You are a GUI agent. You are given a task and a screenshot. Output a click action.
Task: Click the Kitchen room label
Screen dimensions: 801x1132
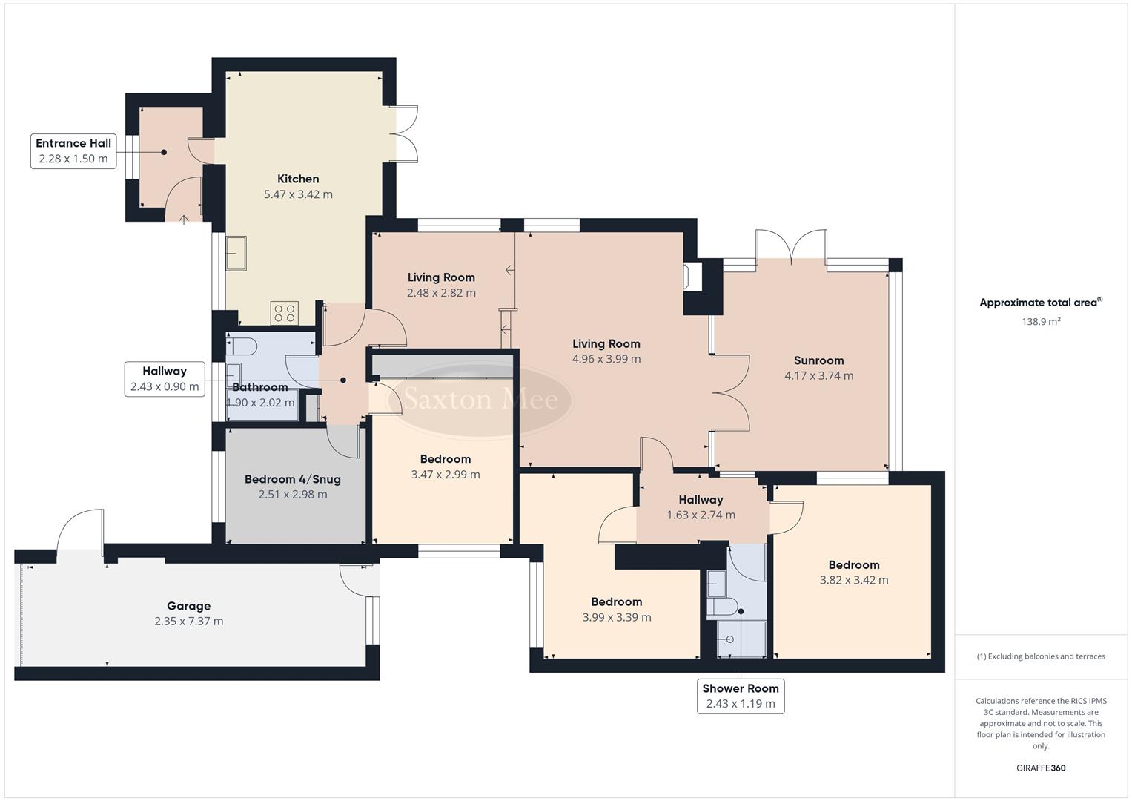[x=298, y=179]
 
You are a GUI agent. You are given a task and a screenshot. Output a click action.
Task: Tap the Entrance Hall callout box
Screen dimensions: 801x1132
[x=73, y=151]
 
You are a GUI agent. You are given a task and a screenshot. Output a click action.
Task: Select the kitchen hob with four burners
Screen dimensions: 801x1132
[x=285, y=313]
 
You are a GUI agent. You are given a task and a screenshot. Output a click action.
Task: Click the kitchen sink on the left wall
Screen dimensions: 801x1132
[x=236, y=254]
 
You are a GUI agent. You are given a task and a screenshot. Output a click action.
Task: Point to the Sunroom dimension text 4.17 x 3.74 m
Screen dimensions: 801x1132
[x=818, y=376]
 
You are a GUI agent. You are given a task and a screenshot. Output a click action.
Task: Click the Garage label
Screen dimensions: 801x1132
[x=188, y=606]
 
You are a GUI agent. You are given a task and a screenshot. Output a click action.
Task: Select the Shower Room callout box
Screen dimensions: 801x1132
[x=741, y=696]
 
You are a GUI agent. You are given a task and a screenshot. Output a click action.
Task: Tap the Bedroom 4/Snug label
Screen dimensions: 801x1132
[x=292, y=479]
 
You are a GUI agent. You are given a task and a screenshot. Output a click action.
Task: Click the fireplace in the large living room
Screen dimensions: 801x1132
[x=694, y=277]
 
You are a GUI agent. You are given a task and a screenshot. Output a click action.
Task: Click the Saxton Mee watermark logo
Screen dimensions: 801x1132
[x=480, y=400]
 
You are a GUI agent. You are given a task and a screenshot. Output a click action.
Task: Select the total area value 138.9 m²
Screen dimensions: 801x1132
[x=1041, y=322]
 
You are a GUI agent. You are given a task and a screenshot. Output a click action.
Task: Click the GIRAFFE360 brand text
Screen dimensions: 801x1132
[x=1041, y=768]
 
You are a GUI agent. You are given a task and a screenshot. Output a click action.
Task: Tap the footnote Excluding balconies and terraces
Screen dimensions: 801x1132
[x=1041, y=656]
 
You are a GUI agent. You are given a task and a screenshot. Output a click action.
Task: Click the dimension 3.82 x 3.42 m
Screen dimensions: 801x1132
[x=854, y=581]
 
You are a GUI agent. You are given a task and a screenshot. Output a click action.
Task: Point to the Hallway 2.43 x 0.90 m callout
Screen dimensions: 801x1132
[x=165, y=378]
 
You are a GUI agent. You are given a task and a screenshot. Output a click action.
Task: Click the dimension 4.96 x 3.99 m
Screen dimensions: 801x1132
[x=606, y=359]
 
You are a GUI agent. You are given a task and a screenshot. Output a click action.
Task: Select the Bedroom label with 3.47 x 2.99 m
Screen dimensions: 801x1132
[x=445, y=459]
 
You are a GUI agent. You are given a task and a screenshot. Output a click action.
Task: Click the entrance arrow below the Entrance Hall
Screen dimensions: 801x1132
[x=184, y=218]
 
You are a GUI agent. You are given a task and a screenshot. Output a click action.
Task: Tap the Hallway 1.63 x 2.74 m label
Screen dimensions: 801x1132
[x=701, y=500]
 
